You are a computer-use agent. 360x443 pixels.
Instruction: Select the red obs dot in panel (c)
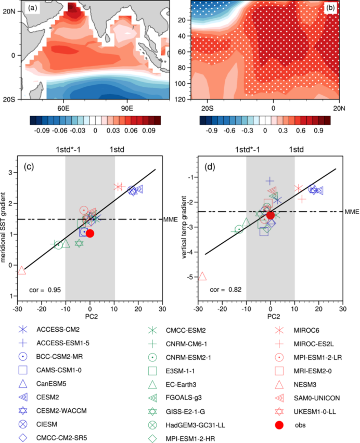90,233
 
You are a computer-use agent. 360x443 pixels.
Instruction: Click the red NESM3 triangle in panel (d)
202,276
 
